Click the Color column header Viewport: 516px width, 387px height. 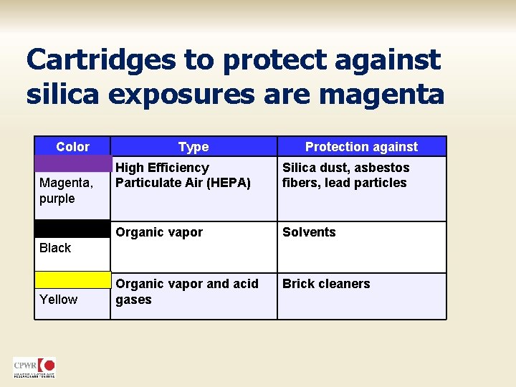pyautogui.click(x=72, y=147)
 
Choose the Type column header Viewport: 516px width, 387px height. pyautogui.click(x=193, y=147)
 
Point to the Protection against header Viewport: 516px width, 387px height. pyautogui.click(x=361, y=147)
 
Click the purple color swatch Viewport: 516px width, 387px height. pyautogui.click(x=72, y=163)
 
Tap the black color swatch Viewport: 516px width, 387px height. pyautogui.click(x=72, y=229)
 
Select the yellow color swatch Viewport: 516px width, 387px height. pyautogui.click(x=72, y=279)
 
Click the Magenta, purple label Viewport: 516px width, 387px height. pyautogui.click(x=66, y=191)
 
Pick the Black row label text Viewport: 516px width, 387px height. pyautogui.click(x=55, y=248)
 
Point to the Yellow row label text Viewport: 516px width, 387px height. pyautogui.click(x=58, y=299)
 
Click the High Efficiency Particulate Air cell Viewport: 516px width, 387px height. pyautogui.click(x=183, y=175)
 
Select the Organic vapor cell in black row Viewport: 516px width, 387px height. pyautogui.click(x=159, y=232)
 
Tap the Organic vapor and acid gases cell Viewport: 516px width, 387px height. pyautogui.click(x=186, y=292)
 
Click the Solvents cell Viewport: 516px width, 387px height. pyautogui.click(x=309, y=232)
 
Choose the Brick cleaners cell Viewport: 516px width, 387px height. pyautogui.click(x=326, y=284)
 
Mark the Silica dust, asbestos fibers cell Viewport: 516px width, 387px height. pyautogui.click(x=345, y=175)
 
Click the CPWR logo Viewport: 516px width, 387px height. pyautogui.click(x=34, y=367)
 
